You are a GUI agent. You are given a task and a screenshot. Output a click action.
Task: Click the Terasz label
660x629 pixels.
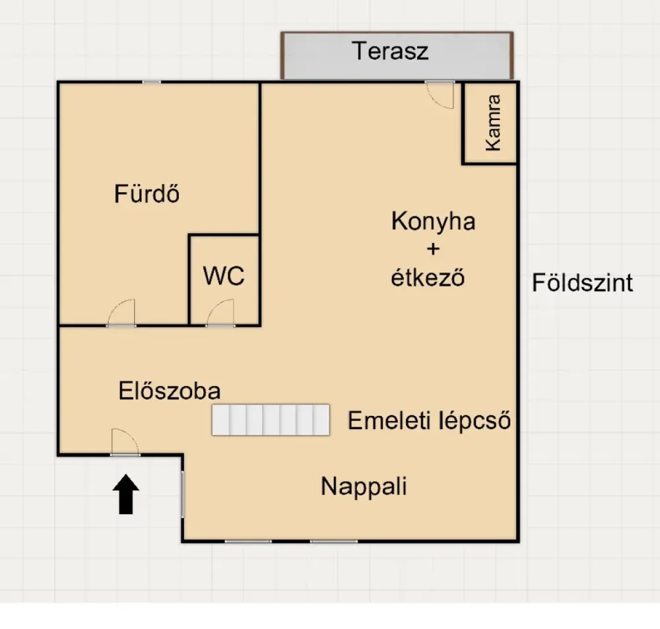tap(390, 51)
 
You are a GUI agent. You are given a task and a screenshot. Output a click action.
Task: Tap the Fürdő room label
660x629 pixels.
tap(147, 194)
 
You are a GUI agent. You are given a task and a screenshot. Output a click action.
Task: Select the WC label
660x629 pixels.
tap(224, 276)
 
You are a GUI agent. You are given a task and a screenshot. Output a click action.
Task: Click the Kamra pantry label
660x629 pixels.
tap(493, 123)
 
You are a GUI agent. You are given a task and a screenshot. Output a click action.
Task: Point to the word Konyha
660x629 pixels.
tap(433, 221)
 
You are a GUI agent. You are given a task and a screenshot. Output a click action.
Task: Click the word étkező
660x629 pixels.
tap(428, 278)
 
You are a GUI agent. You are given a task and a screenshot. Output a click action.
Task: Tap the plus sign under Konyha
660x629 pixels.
tap(433, 249)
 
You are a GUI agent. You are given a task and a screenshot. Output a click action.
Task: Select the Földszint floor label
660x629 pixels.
tap(583, 282)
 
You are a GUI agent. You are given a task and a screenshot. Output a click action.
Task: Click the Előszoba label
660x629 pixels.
tap(170, 391)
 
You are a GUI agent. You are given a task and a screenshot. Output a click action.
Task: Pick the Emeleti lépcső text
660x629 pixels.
tap(430, 420)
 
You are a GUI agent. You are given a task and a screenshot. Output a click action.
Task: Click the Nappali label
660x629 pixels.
tap(364, 486)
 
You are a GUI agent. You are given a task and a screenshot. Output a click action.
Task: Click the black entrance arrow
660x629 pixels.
tap(126, 494)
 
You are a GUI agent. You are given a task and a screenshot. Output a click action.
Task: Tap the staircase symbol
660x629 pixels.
tap(271, 420)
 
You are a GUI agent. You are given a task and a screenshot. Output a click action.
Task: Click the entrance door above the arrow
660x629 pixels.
tap(125, 442)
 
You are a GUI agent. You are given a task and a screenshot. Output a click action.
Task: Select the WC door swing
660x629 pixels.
tap(220, 313)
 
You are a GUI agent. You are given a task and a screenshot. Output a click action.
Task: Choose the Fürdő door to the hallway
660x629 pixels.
tap(121, 313)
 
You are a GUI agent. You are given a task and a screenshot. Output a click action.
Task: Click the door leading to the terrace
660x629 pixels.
tap(440, 94)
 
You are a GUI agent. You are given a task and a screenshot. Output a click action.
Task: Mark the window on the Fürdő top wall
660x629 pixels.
tap(152, 82)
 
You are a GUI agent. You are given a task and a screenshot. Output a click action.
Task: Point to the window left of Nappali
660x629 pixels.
tap(183, 494)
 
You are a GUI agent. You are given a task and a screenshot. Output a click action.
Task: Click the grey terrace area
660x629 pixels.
tap(397, 55)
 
